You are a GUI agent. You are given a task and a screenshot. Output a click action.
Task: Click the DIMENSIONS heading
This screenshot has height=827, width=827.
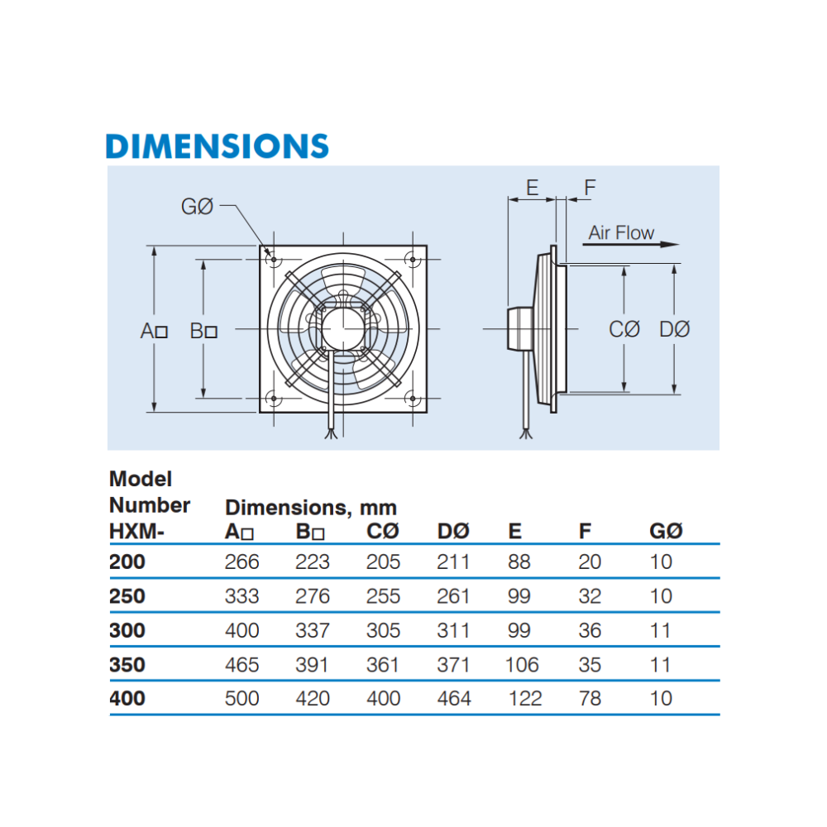[218, 146]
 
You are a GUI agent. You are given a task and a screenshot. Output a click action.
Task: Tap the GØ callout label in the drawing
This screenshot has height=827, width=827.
[197, 207]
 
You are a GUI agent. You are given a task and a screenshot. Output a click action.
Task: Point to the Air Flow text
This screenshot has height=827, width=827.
[620, 233]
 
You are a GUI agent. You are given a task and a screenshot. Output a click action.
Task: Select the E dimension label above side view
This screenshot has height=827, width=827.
[532, 188]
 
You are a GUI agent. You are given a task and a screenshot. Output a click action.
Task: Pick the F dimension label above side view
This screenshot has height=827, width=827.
[589, 188]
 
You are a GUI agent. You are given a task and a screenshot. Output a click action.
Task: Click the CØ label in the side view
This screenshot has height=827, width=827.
[624, 330]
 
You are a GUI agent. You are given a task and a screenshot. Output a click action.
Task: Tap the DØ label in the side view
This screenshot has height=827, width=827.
[674, 330]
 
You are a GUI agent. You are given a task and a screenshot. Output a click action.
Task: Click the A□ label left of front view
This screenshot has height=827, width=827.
[154, 332]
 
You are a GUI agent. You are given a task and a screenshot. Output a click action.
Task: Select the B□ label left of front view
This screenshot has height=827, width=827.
[203, 332]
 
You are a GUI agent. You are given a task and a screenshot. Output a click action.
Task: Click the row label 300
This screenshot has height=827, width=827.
[127, 631]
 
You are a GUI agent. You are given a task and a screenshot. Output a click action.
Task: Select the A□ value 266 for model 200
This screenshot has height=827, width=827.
[241, 562]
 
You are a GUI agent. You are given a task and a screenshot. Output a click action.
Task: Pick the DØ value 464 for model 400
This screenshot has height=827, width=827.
[454, 699]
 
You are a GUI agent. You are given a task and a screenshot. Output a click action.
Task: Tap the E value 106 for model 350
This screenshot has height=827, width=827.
[521, 665]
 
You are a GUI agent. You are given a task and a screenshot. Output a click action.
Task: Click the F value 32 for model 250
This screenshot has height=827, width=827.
[590, 596]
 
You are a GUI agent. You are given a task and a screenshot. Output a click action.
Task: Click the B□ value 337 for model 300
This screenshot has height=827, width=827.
[313, 631]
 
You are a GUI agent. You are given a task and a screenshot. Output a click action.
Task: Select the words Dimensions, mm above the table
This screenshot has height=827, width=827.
[311, 507]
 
